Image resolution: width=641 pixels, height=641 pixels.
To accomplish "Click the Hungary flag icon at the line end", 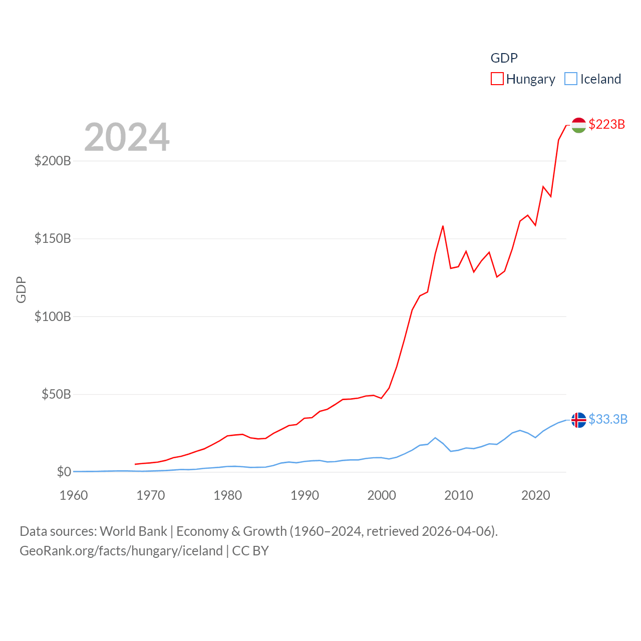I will pos(578,125).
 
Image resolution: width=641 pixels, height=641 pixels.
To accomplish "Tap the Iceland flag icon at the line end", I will pos(578,420).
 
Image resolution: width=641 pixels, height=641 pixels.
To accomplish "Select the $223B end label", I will pos(606,124).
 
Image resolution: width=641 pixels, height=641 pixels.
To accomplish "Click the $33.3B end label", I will pos(608,419).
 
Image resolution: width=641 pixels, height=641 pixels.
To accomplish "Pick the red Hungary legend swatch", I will pos(497,79).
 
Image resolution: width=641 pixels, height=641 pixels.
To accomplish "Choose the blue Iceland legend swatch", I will pos(570,79).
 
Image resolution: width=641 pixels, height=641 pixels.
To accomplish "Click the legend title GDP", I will pos(504,58).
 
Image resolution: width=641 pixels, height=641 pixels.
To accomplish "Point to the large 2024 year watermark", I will pos(127,137).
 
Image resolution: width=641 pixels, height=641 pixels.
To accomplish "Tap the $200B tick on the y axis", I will pos(53,161).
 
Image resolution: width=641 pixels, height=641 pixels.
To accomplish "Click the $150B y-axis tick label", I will pos(53,238).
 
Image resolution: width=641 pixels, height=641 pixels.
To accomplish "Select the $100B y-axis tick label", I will pos(53,316).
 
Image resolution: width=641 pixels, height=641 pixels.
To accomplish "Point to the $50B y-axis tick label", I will pos(56,394).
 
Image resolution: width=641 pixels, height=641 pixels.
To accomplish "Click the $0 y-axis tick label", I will pos(64,472).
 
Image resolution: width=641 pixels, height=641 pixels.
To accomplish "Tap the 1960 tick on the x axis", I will pos(74,495).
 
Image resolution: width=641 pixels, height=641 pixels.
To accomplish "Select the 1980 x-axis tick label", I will pos(228,495).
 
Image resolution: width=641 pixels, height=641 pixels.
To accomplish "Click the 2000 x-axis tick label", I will pos(382,495).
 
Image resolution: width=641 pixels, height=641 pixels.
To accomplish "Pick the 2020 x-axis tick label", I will pos(536,495).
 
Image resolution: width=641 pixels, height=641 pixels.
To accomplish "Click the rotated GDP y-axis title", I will pos(21,289).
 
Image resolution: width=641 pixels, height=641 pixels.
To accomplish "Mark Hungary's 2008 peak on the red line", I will pos(443,226).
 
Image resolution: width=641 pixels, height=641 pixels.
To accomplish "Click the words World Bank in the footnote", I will pos(133,531).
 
